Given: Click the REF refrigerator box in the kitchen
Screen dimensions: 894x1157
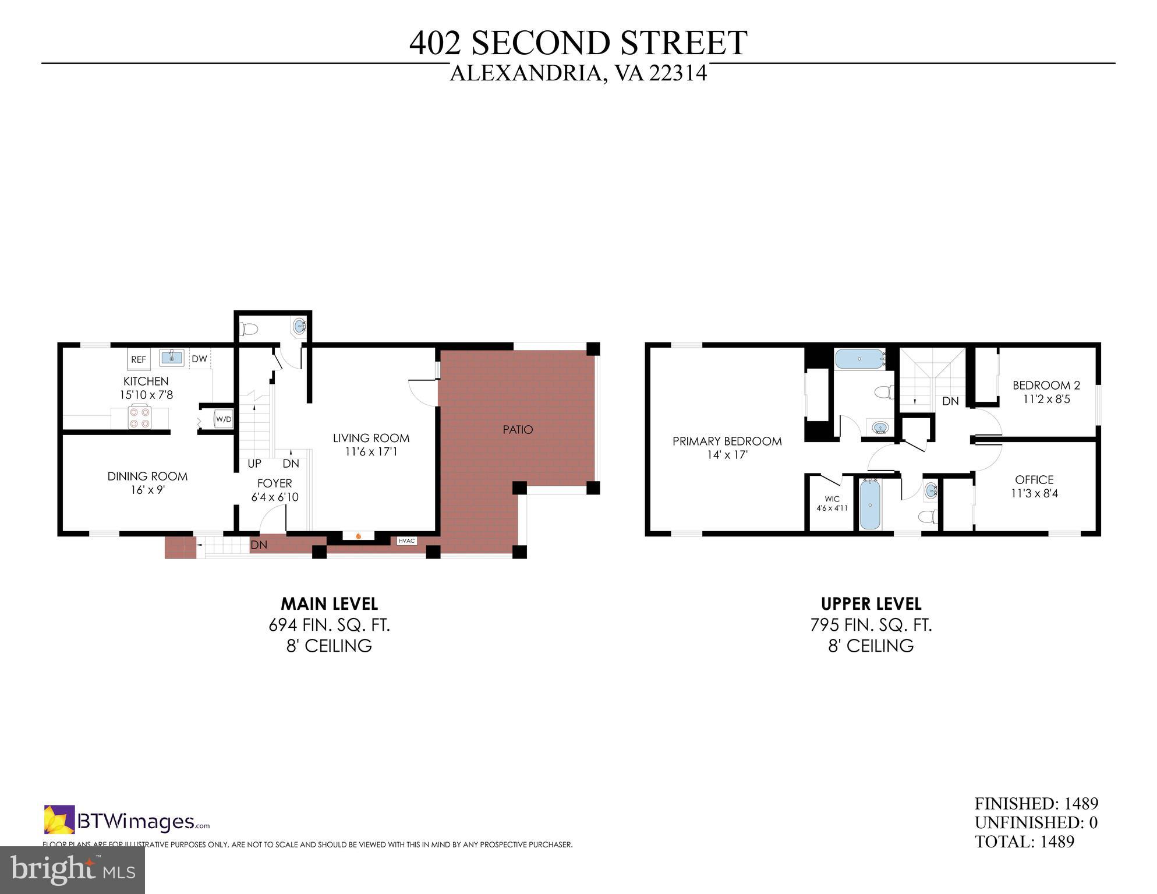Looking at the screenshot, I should click(x=139, y=359).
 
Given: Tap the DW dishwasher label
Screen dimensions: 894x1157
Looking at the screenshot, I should click(x=199, y=359).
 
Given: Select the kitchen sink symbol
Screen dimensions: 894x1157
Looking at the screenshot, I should click(x=172, y=358).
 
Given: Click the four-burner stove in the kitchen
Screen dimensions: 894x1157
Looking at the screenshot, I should click(x=140, y=417).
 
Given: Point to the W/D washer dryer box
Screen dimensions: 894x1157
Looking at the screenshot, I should click(x=224, y=419).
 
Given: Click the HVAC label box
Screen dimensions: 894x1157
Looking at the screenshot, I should click(x=406, y=541).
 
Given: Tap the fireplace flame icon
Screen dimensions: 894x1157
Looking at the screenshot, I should click(x=359, y=536).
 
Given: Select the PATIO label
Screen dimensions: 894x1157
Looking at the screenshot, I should click(x=518, y=430).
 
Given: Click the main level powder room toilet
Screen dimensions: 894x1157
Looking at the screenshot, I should click(x=250, y=329).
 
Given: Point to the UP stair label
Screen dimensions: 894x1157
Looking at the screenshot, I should click(x=254, y=464).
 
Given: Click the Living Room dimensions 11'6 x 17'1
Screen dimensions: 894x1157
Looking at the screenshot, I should click(x=371, y=452).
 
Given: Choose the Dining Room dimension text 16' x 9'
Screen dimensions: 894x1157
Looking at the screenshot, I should click(x=147, y=490).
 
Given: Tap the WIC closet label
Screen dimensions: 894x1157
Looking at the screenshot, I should click(x=832, y=499).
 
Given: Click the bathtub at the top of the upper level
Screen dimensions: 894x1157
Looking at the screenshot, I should click(x=859, y=359).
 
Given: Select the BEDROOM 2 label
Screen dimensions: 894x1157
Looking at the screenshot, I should click(x=1046, y=385).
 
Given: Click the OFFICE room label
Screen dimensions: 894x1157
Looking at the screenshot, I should click(x=1034, y=480).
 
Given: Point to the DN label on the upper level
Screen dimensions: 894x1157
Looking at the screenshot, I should click(x=950, y=401).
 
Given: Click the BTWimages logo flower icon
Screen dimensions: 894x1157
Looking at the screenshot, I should click(x=59, y=819).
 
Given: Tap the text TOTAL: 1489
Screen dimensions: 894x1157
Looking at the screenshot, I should click(x=1024, y=842).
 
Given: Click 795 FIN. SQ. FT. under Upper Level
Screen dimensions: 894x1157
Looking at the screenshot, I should click(x=871, y=625).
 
